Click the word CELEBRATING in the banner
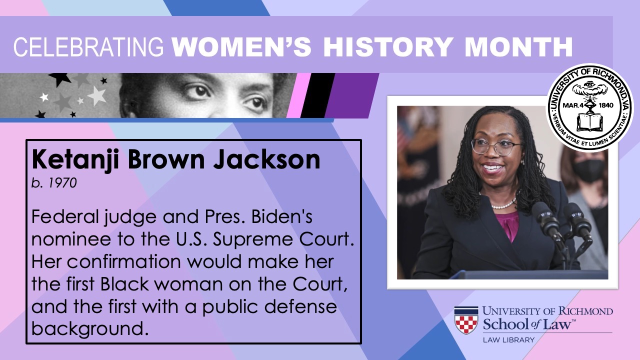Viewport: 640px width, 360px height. pos(88,47)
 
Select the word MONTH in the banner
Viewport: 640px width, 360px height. pos(518,47)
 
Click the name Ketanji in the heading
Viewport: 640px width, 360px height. pos(75,160)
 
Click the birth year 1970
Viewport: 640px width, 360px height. pos(62,183)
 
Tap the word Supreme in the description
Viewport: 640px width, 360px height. pos(252,240)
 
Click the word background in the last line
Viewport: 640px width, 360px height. pos(90,329)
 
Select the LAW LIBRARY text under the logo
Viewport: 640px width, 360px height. pos(508,340)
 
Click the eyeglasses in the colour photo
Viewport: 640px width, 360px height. pos(495,147)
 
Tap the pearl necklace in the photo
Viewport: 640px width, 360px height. pos(503,204)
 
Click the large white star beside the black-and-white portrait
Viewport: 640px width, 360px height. pos(97,95)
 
